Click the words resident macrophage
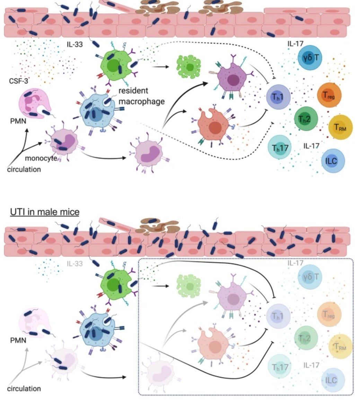coord(141,96)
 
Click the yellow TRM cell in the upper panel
coord(340,128)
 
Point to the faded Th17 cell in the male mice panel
coord(280,367)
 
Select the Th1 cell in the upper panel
coord(278,97)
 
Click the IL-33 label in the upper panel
coord(75,44)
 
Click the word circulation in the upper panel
coord(24,170)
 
